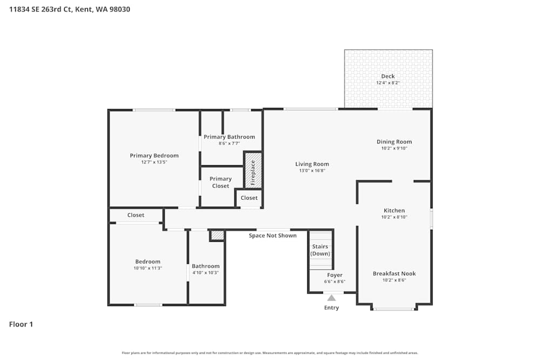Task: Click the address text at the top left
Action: pyautogui.click(x=69, y=9)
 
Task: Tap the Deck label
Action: pyautogui.click(x=388, y=76)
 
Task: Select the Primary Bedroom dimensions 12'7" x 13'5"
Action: pyautogui.click(x=154, y=162)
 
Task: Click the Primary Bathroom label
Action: pyautogui.click(x=229, y=137)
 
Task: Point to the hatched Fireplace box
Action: pyautogui.click(x=253, y=171)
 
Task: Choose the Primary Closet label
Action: pyautogui.click(x=220, y=182)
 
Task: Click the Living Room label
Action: pyautogui.click(x=312, y=164)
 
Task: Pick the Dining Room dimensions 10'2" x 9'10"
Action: pyautogui.click(x=394, y=148)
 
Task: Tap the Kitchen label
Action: pyautogui.click(x=394, y=210)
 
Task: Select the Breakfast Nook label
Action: pyautogui.click(x=394, y=274)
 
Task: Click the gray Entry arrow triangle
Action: pyautogui.click(x=332, y=297)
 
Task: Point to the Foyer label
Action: pyautogui.click(x=335, y=275)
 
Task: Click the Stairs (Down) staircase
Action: pyautogui.click(x=320, y=250)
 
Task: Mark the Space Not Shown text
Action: pyautogui.click(x=272, y=236)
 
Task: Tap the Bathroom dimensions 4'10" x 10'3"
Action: pyautogui.click(x=206, y=273)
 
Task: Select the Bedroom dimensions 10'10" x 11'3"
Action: pyautogui.click(x=147, y=268)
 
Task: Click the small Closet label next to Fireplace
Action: pyautogui.click(x=249, y=198)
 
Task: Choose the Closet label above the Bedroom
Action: pyautogui.click(x=136, y=215)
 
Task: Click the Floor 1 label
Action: pyautogui.click(x=21, y=324)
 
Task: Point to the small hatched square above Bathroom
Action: pyautogui.click(x=217, y=235)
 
